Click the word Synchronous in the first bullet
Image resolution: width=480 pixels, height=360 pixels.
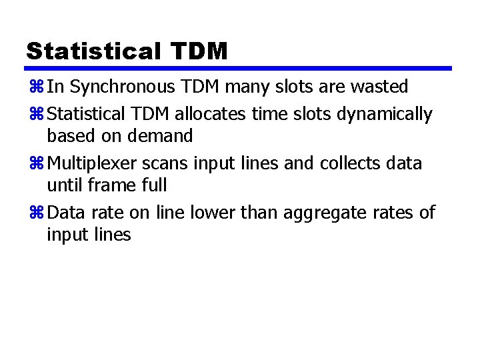click(122, 87)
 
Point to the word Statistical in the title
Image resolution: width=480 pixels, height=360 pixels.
click(91, 51)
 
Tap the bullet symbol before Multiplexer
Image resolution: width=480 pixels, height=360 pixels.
click(35, 164)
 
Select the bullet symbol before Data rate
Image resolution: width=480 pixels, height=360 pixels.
click(35, 213)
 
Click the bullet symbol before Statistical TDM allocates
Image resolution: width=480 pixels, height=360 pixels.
click(35, 115)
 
